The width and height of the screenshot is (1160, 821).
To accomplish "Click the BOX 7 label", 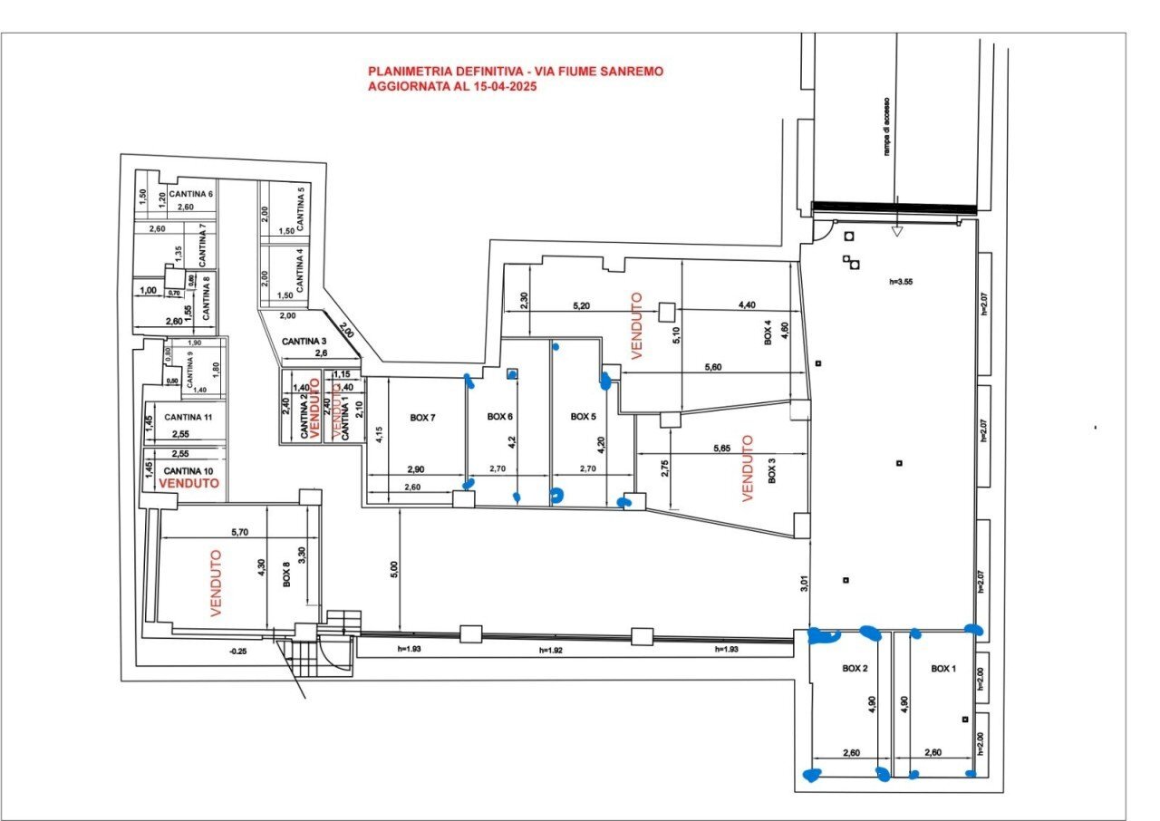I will pos(422,418).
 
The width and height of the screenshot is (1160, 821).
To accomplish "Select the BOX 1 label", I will pos(943,668).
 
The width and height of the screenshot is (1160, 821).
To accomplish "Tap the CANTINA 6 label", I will pos(189,194).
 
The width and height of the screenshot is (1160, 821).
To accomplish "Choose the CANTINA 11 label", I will pos(188,418).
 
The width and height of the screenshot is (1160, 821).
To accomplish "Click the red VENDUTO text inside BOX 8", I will pos(217,584).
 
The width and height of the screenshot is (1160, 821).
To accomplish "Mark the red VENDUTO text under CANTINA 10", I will pos(188,485).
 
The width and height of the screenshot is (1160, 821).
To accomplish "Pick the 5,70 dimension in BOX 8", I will pos(239,533).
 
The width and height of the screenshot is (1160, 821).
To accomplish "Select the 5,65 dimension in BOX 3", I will pos(722,449).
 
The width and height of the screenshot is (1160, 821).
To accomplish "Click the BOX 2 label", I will pos(855,668).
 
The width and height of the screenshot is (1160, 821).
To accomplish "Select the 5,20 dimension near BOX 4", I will pos(582,306).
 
